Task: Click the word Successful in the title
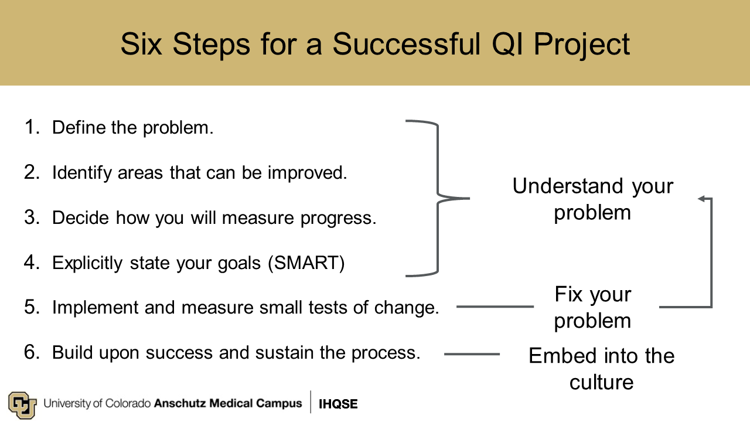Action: [407, 44]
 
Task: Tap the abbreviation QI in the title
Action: [507, 44]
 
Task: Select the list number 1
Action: [32, 127]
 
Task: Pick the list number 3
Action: [32, 217]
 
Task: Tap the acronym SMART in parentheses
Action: [306, 263]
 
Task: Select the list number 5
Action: [32, 307]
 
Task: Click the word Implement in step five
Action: [95, 308]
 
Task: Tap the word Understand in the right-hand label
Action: [568, 186]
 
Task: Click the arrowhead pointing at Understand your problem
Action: [702, 199]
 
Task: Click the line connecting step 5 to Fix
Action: [495, 307]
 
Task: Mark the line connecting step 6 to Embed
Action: [472, 354]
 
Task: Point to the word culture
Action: [601, 382]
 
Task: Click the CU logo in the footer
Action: [22, 404]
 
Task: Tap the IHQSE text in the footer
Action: [338, 404]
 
